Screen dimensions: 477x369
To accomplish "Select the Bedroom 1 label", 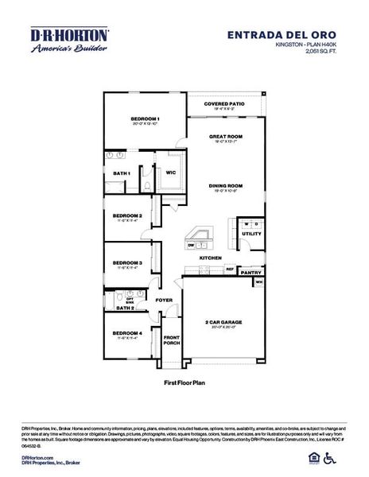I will (146, 119).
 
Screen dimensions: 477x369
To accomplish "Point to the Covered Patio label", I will (224, 105).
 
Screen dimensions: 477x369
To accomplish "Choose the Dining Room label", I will (225, 186).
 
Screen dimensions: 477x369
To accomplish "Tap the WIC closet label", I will (171, 173).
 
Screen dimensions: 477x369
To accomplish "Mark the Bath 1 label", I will (121, 173).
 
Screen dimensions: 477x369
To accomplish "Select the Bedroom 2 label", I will (127, 215).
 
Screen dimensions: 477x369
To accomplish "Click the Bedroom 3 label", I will (127, 262).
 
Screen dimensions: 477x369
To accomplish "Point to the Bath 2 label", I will (125, 308).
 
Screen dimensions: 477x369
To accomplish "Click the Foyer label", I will (164, 300).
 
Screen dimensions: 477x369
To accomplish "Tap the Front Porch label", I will (171, 339).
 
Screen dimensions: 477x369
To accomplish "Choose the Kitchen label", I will (210, 258).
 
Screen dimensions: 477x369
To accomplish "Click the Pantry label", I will (251, 273).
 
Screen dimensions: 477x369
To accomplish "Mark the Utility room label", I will (251, 234).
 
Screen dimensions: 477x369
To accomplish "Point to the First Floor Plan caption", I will (184, 382).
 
